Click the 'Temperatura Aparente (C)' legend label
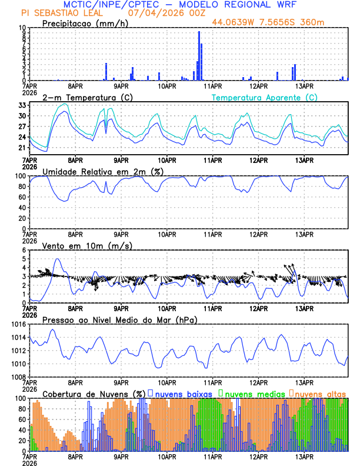coord(264,97)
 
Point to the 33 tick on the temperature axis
coord(22,105)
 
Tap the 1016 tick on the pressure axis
coord(18,324)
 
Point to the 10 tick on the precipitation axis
coord(21,28)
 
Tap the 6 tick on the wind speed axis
coord(24,250)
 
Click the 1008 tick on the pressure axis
coord(18,377)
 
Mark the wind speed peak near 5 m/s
coord(57,259)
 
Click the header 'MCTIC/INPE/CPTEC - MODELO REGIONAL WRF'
coord(180,4)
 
